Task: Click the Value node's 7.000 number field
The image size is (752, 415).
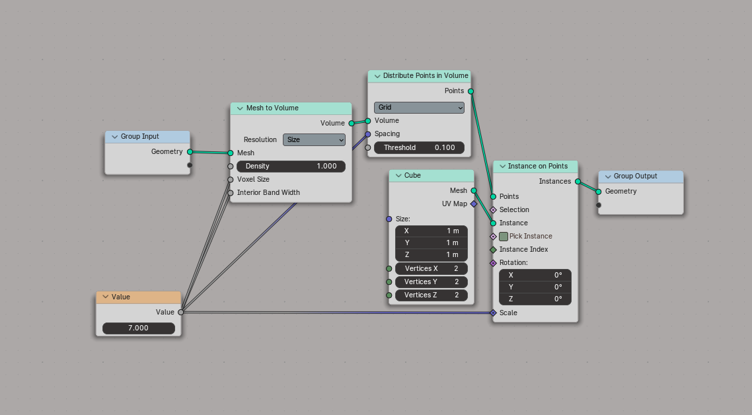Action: pos(139,328)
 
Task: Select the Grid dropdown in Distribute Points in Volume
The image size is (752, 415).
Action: pos(419,107)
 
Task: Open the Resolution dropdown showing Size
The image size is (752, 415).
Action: pos(314,139)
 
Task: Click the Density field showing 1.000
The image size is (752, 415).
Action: pos(291,166)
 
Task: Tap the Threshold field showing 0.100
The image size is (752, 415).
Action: pos(419,147)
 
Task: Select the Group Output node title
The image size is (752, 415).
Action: pos(635,176)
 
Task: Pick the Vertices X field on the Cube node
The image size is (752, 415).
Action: pos(431,268)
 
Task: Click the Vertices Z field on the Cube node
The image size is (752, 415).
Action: pos(431,295)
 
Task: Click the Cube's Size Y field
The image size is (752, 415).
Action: pos(431,243)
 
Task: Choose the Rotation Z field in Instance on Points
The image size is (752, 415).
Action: pos(535,299)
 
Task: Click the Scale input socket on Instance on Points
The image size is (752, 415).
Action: pos(493,313)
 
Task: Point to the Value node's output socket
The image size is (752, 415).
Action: pos(180,312)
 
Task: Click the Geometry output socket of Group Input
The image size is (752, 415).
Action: pos(190,152)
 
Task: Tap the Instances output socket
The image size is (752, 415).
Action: pos(578,181)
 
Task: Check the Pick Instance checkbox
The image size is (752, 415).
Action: pos(504,236)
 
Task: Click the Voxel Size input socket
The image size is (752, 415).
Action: pos(231,179)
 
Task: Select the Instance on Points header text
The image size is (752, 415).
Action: pos(537,167)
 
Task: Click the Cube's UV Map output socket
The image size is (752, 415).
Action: pos(473,204)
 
